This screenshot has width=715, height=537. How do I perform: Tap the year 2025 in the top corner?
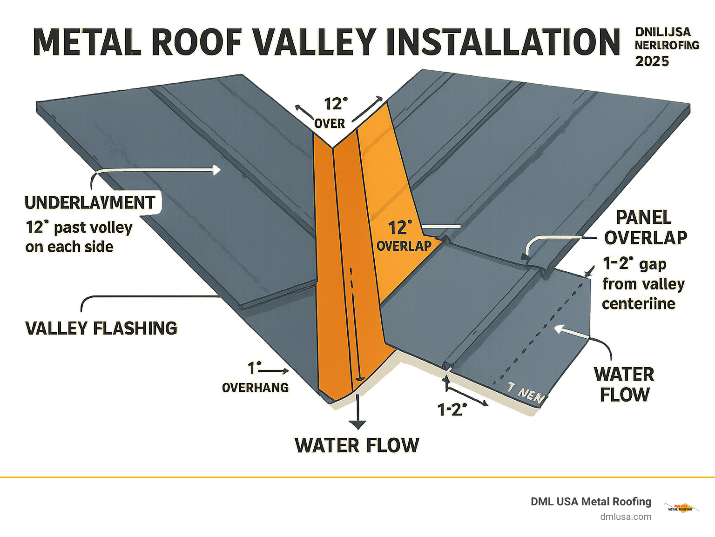coord(652,61)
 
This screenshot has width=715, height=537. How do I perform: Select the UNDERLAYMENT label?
coord(90,203)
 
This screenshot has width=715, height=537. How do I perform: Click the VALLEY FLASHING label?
coord(101,329)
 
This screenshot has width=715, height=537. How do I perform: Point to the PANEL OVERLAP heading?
coord(645,228)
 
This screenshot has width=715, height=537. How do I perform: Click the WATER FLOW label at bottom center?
coord(357,445)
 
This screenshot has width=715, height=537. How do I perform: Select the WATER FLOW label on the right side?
coord(624,384)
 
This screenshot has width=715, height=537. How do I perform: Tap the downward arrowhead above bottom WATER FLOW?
coord(357,424)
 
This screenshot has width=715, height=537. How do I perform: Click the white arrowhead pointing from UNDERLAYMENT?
coord(216,170)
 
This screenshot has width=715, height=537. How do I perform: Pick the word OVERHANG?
coord(255,388)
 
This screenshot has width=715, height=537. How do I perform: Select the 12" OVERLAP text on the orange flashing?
coord(403,236)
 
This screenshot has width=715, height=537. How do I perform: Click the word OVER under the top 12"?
coord(330,124)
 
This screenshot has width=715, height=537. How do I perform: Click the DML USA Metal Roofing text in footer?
coord(591,502)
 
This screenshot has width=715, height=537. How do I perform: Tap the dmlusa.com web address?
coord(626,517)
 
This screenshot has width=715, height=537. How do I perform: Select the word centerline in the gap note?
coord(638,304)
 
